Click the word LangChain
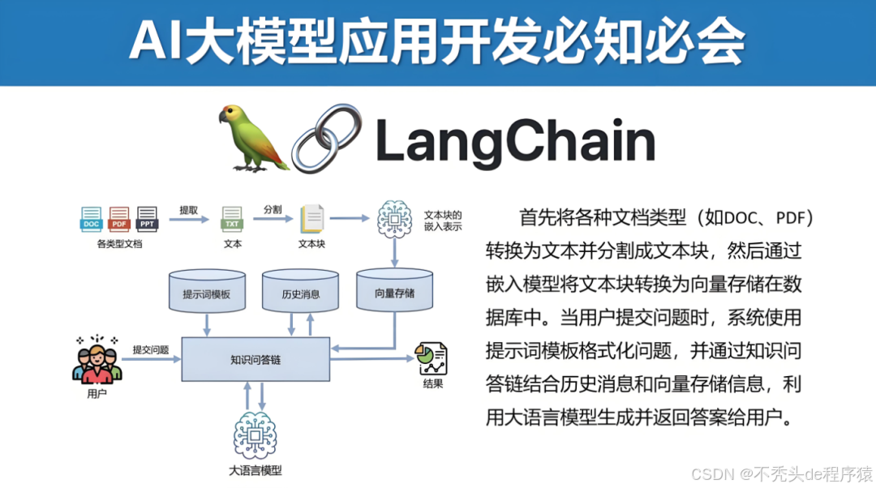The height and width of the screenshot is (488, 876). click(x=515, y=141)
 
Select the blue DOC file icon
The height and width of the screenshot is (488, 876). click(x=92, y=218)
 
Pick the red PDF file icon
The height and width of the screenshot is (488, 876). click(x=119, y=218)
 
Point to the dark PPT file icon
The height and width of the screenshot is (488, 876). click(x=147, y=218)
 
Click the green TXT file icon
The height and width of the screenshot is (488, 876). click(x=232, y=219)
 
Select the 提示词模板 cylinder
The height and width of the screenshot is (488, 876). click(x=207, y=293)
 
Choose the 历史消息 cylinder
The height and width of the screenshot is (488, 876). click(x=301, y=293)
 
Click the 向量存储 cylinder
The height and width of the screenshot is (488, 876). click(x=395, y=293)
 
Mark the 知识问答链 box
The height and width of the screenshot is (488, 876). click(x=255, y=359)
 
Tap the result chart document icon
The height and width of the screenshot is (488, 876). click(x=432, y=359)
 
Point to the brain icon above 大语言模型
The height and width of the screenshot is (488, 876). click(x=255, y=435)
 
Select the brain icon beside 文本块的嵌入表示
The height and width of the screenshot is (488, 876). click(x=395, y=217)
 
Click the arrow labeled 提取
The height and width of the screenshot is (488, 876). click(x=190, y=219)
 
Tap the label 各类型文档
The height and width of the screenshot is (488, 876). click(x=119, y=243)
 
